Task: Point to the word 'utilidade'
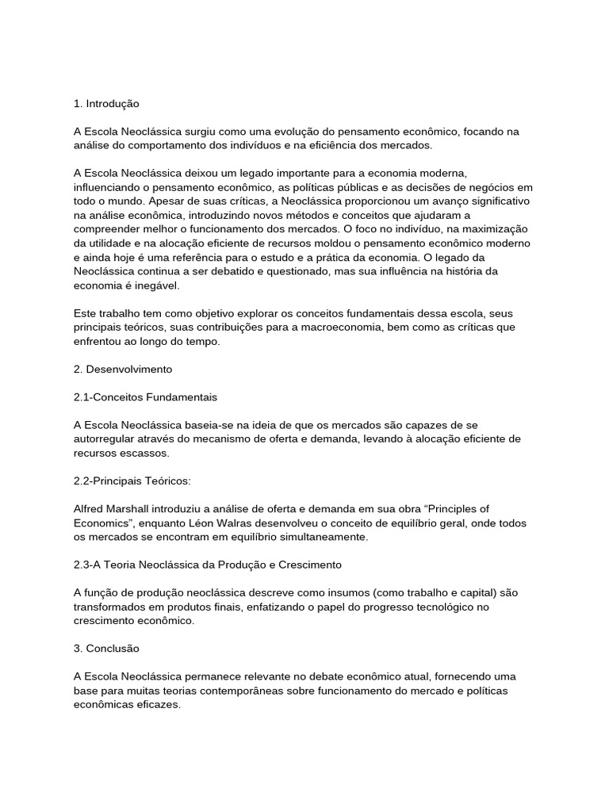pyautogui.click(x=117, y=243)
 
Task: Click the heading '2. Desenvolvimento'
pyautogui.click(x=123, y=369)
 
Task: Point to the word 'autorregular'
pyautogui.click(x=104, y=439)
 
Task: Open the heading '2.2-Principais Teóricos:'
pyautogui.click(x=132, y=481)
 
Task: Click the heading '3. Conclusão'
pyautogui.click(x=106, y=649)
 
